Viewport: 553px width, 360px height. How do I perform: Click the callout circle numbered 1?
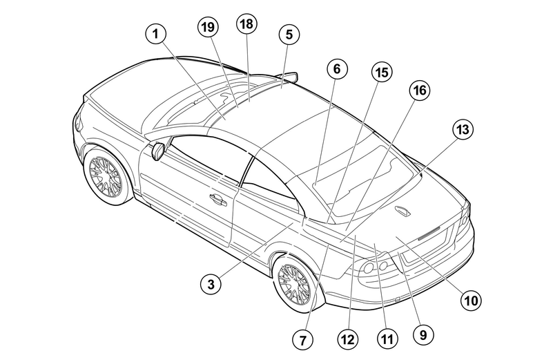pos(155,34)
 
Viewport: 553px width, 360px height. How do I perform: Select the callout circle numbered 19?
pos(208,27)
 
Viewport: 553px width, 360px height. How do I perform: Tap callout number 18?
pos(246,24)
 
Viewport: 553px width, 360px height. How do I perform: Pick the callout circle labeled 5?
pos(289,35)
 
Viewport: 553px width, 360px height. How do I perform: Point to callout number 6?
pos(337,69)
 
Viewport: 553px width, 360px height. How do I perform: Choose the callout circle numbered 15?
pos(382,73)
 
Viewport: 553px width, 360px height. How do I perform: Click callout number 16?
pos(420,91)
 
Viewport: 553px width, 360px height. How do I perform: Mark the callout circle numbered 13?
pos(463,129)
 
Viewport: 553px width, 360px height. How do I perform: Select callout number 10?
pos(471,301)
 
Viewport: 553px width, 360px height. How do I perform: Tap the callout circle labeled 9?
pos(423,334)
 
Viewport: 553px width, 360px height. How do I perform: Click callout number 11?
pos(387,339)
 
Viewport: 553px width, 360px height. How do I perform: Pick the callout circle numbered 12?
pos(347,339)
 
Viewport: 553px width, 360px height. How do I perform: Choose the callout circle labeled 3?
pos(211,284)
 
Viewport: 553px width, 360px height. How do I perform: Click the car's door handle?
pos(218,200)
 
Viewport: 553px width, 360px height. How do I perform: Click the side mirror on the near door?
pos(159,151)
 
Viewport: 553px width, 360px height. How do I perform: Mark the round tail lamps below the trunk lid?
pos(376,267)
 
